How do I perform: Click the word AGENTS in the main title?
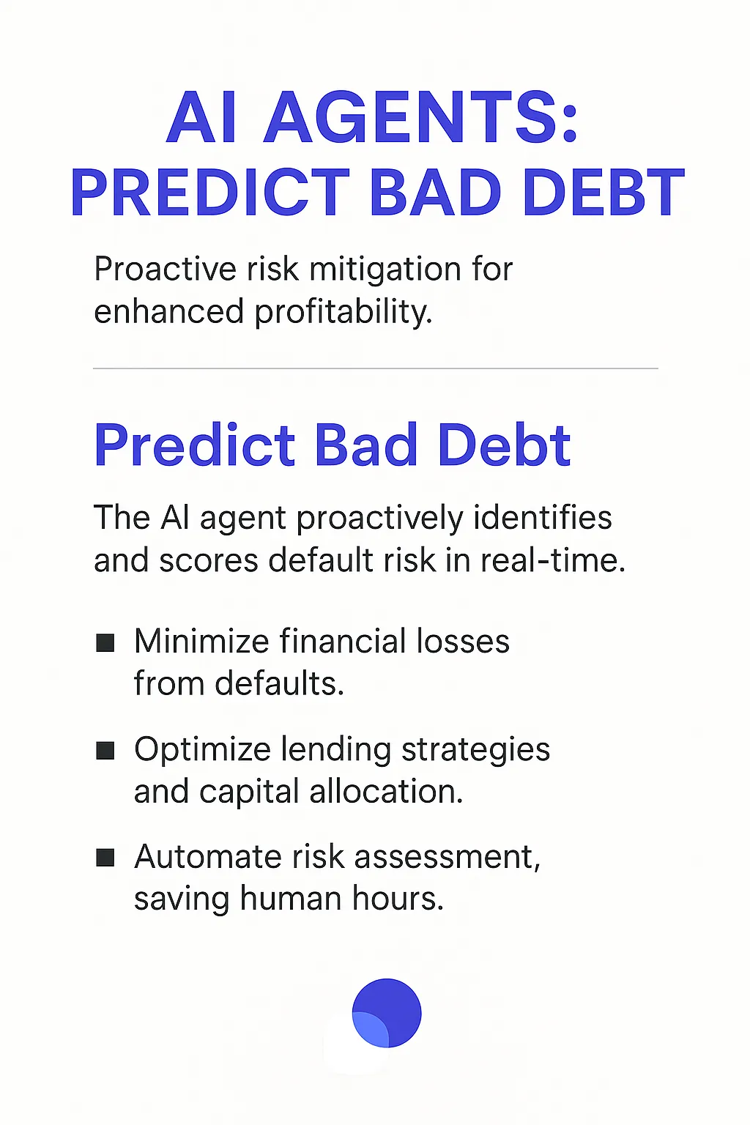pyautogui.click(x=421, y=119)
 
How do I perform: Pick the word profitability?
pyautogui.click(x=344, y=312)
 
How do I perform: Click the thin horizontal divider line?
pyautogui.click(x=375, y=368)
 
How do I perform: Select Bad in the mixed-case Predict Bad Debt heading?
pyautogui.click(x=366, y=445)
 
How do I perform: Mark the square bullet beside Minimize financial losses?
pyautogui.click(x=105, y=643)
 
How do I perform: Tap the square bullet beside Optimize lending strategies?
pyautogui.click(x=105, y=751)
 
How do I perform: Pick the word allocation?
pyautogui.click(x=386, y=792)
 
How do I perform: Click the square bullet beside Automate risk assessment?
pyautogui.click(x=105, y=858)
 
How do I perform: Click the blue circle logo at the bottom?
pyautogui.click(x=387, y=1013)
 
